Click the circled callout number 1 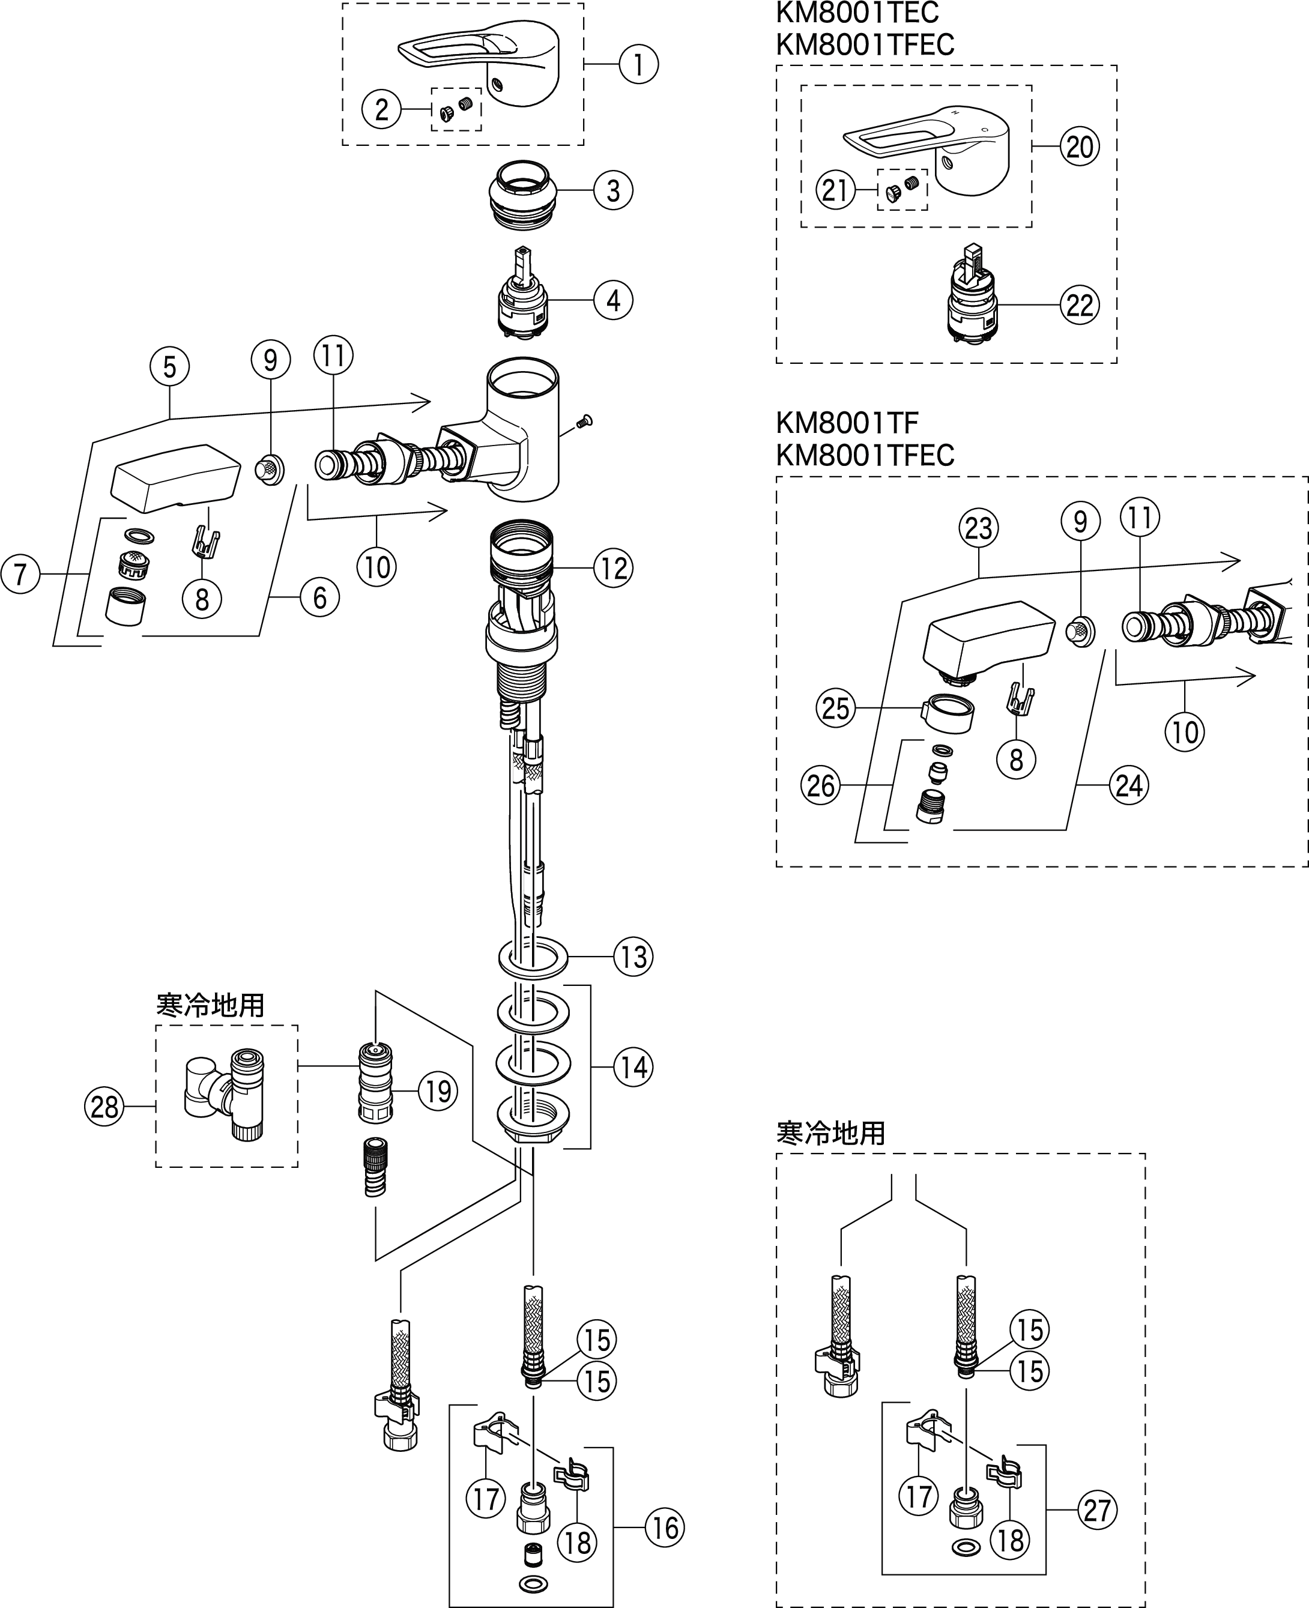(639, 64)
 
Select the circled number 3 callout (613, 191)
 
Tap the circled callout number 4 (613, 300)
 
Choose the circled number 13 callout (633, 957)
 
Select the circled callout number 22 (1080, 305)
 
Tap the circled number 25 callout (835, 709)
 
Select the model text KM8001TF (847, 422)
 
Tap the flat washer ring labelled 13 (533, 957)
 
